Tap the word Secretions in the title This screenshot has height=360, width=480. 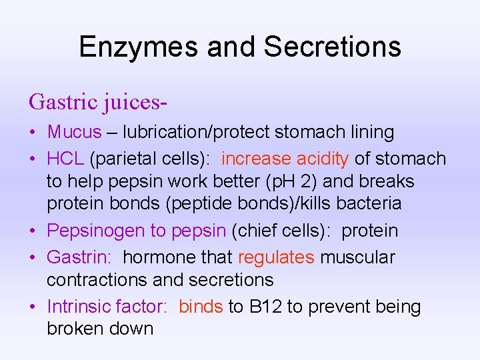coord(333,47)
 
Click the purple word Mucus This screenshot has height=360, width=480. coord(74,132)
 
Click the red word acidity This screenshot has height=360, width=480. coord(323,159)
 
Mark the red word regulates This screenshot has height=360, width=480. coord(276,257)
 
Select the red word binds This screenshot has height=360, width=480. coord(201,307)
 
